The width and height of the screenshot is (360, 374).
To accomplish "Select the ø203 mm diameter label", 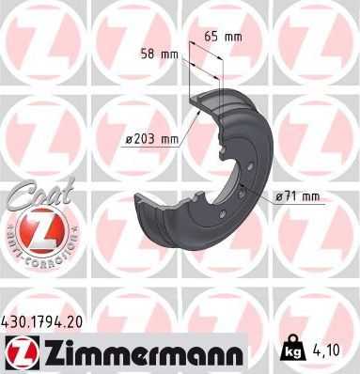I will (x=151, y=140).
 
